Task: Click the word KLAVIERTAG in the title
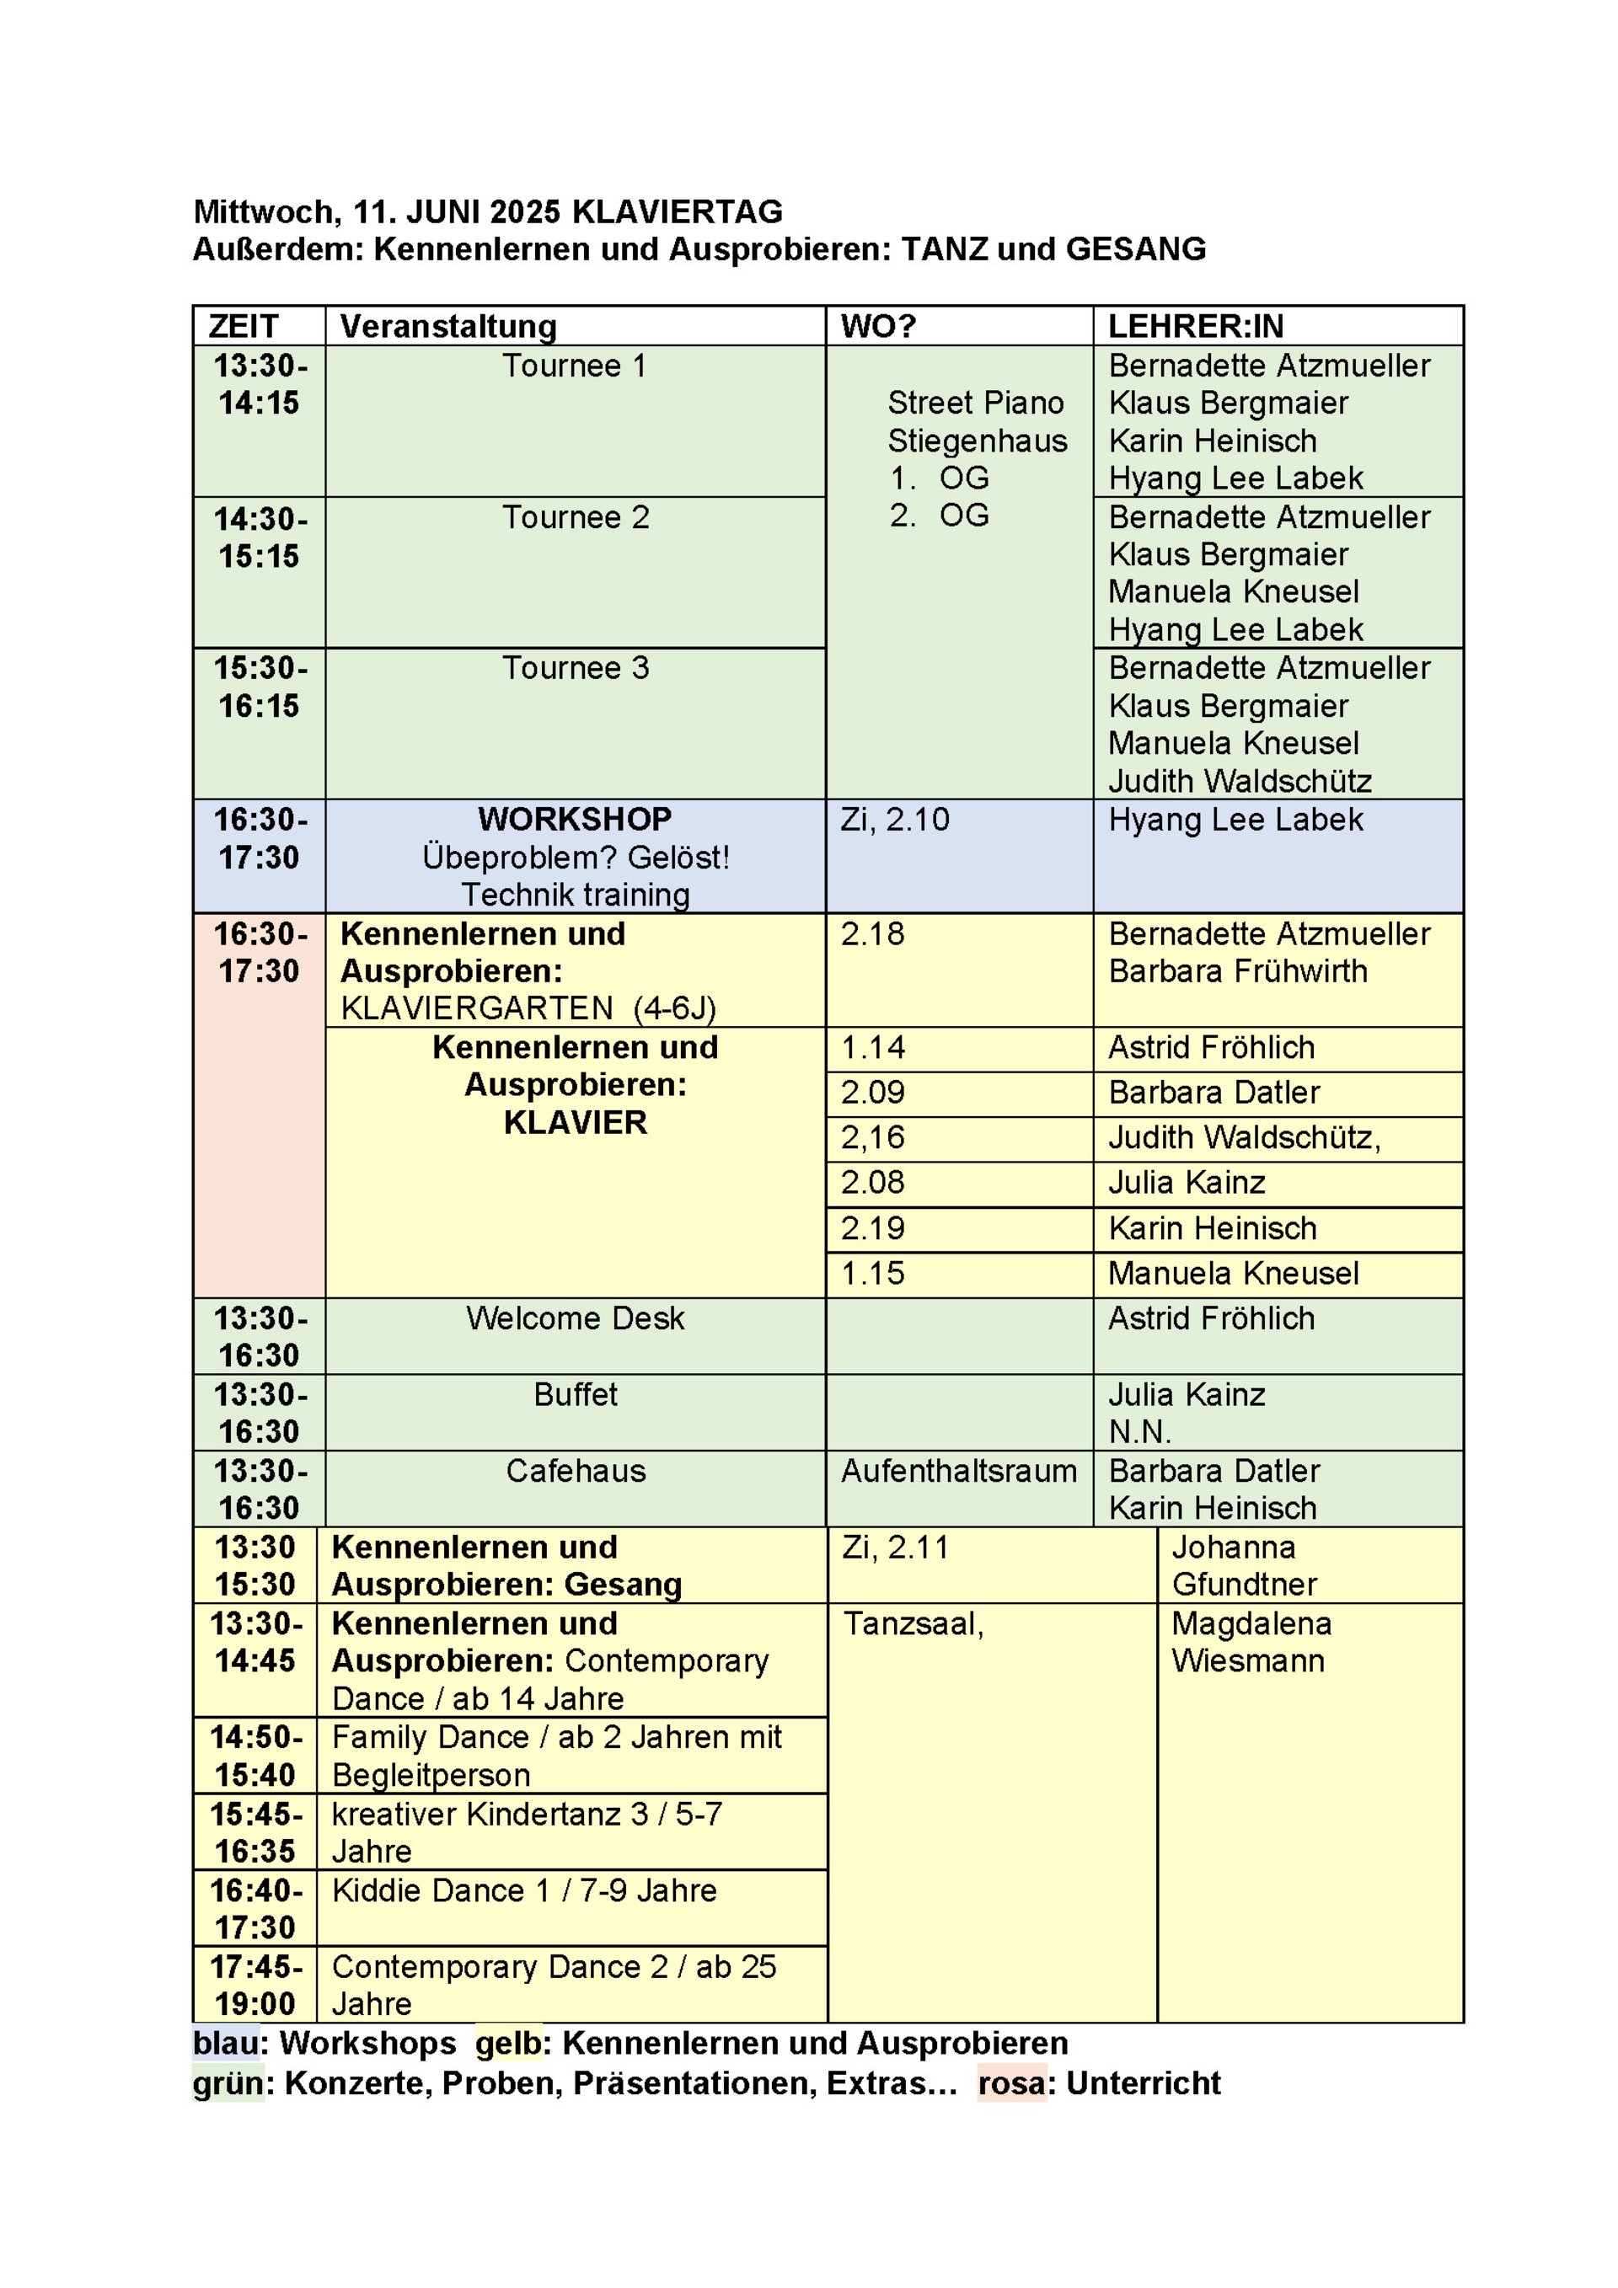click(677, 211)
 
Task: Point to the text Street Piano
click(975, 403)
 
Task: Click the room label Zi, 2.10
click(894, 819)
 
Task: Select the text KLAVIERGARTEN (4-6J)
click(528, 1008)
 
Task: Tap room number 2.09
click(872, 1092)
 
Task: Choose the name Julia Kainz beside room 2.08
click(1187, 1183)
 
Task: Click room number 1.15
click(872, 1274)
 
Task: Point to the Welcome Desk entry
click(576, 1318)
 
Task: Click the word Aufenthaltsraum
click(958, 1471)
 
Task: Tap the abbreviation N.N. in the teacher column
click(1139, 1432)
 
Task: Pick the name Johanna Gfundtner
click(1243, 1565)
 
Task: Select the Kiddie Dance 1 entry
click(523, 1890)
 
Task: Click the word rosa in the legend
click(1011, 2084)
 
